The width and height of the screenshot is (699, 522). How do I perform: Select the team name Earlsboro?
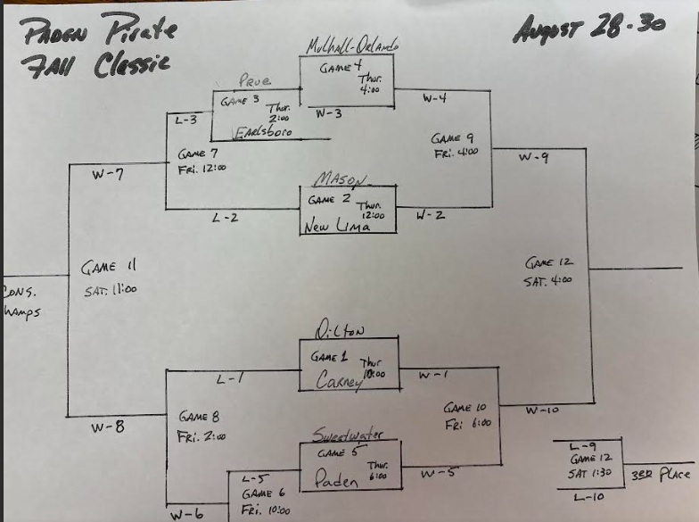click(265, 134)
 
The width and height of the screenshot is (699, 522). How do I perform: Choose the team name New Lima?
click(335, 227)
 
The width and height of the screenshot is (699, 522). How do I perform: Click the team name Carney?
click(335, 381)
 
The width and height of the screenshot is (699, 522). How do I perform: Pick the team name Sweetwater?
click(348, 435)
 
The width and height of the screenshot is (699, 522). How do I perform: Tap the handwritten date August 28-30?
click(588, 27)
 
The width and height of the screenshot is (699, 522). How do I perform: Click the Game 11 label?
click(108, 266)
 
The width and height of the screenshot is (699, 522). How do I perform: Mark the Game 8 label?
click(201, 416)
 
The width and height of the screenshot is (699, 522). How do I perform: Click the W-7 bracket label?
click(107, 175)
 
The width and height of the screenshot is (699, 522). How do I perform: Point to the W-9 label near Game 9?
click(534, 158)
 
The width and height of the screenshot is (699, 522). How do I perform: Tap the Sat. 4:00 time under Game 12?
click(547, 279)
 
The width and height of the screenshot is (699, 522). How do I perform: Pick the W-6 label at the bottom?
click(188, 513)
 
